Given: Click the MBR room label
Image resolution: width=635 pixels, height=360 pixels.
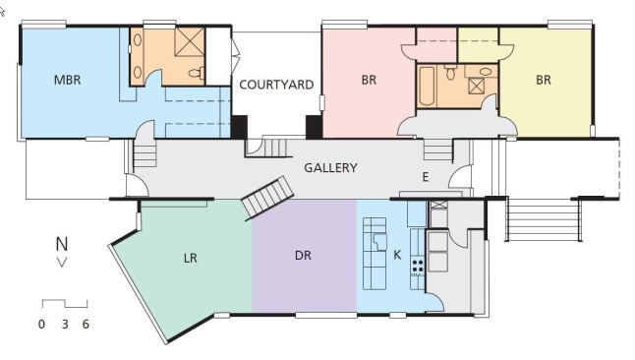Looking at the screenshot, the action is (67, 80).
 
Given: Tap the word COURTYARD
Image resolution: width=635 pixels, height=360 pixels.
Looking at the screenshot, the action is (276, 85).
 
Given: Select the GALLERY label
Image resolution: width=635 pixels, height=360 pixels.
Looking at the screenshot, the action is (330, 168).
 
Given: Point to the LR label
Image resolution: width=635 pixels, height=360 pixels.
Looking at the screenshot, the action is (191, 258).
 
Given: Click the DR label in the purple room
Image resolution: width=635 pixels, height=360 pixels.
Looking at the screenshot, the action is (304, 256).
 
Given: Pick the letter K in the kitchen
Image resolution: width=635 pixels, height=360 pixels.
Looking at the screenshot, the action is (397, 255).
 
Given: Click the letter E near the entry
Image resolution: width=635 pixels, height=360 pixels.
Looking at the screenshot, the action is (426, 177).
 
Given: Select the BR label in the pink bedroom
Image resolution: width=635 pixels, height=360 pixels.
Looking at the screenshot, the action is (369, 80).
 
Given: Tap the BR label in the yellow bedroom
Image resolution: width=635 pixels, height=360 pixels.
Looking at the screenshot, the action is (544, 80).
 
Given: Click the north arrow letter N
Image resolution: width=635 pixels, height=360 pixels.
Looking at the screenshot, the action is (62, 244).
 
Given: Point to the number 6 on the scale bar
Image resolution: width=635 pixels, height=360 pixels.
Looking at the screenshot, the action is (86, 324).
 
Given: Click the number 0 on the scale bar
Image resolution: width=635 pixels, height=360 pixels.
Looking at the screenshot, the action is (41, 324).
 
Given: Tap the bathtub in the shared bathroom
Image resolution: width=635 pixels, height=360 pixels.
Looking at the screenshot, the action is (427, 86).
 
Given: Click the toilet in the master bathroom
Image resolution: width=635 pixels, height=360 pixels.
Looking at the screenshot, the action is (197, 73).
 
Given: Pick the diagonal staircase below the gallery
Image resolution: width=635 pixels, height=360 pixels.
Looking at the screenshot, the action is (267, 199).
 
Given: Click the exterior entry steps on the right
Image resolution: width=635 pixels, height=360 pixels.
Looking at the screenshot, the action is (544, 219).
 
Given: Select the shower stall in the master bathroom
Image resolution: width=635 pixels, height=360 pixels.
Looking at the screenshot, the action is (190, 41).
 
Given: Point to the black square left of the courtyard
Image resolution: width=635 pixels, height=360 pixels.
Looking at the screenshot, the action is (239, 127).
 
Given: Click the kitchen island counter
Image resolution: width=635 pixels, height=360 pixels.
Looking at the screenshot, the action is (375, 254).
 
